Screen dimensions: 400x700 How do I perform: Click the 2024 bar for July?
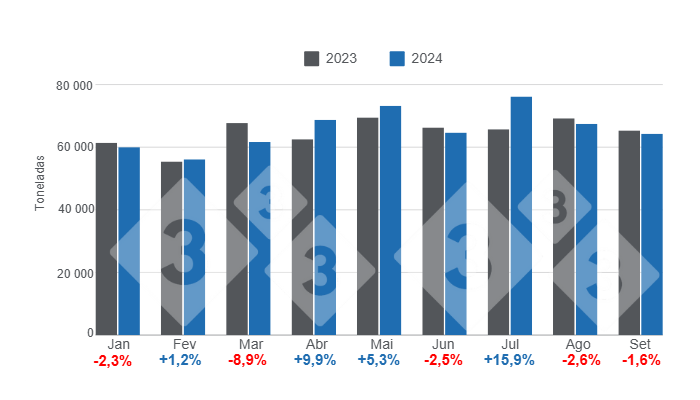coord(521,215)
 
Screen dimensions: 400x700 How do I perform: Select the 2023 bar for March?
coord(237,229)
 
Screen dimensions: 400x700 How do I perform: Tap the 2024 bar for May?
coord(390,220)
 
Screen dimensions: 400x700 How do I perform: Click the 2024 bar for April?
coord(325,227)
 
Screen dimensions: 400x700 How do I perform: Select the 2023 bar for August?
coord(564,226)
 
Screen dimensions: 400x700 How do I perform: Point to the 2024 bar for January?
coord(129,241)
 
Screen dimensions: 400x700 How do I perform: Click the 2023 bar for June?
coord(433,231)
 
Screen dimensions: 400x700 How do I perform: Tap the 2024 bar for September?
coord(652,234)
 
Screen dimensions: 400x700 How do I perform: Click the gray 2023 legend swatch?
coord(312,59)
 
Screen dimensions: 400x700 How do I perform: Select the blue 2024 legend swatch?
coord(397,59)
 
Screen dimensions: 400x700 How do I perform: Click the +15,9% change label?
coord(509,361)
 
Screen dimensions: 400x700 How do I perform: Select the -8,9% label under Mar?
coord(248,361)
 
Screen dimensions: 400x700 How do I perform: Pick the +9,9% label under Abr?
coord(313,361)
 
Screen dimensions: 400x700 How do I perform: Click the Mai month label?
coord(379,344)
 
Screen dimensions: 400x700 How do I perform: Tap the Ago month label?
coord(575,344)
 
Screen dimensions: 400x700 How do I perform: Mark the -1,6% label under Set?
coord(641,361)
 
